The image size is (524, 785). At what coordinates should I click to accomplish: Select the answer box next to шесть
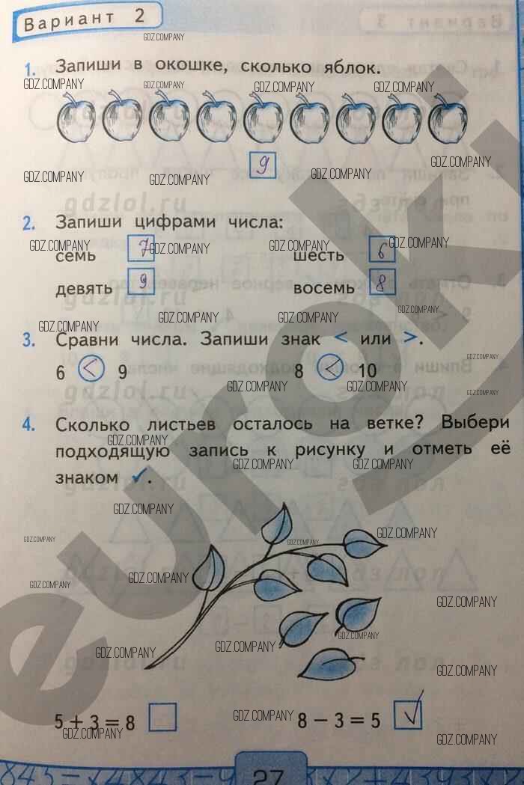[x=382, y=249]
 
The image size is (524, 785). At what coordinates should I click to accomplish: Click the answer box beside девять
[x=141, y=281]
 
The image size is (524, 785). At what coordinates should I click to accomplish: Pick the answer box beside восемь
[x=382, y=282]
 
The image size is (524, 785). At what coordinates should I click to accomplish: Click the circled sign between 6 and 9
[x=90, y=368]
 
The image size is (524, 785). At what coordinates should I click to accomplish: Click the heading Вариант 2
[x=81, y=19]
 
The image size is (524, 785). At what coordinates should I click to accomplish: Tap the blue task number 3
[x=29, y=340]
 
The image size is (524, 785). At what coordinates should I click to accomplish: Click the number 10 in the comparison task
[x=368, y=371]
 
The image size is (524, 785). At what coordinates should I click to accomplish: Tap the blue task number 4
[x=29, y=425]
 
